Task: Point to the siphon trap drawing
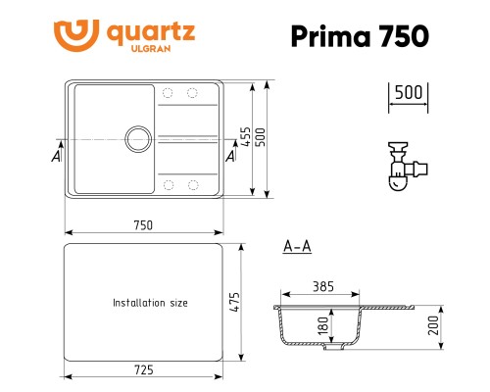(401, 167)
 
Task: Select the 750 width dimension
(143, 224)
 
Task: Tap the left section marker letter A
(57, 155)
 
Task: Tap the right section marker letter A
(230, 155)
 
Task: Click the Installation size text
(150, 303)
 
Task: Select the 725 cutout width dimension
(143, 368)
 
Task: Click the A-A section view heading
(296, 246)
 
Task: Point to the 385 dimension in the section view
(323, 287)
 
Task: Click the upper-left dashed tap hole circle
(168, 94)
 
